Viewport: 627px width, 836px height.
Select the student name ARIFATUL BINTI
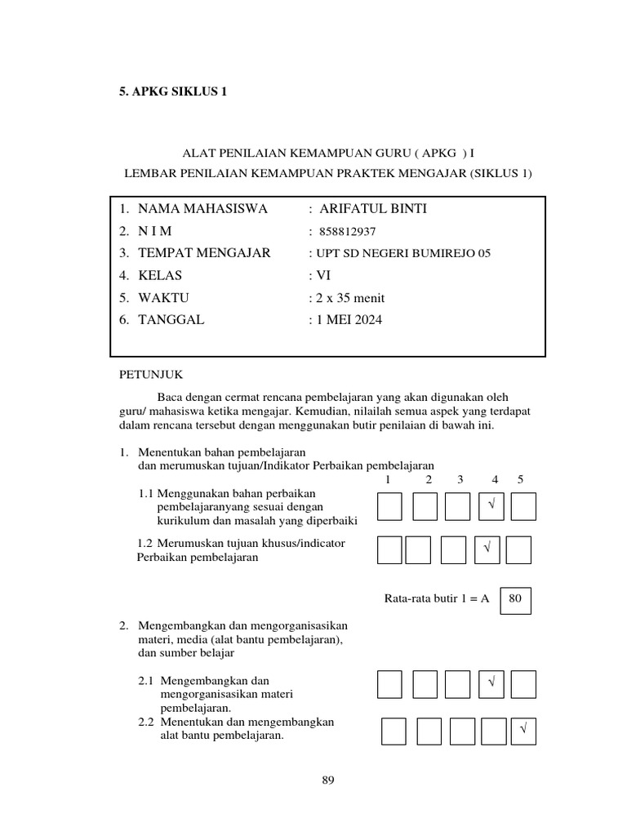point(373,209)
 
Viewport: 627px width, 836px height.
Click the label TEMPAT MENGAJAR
point(204,253)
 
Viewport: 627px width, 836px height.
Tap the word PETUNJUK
point(152,375)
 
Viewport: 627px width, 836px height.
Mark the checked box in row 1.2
point(487,549)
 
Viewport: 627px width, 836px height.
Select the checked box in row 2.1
point(492,684)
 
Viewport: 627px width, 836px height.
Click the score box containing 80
point(514,598)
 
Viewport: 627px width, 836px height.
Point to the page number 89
point(329,780)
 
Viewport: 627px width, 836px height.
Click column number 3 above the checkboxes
point(460,479)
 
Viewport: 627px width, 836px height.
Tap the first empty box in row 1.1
point(389,506)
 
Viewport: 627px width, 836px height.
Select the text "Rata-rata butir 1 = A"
point(436,598)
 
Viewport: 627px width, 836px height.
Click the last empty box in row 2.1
point(523,684)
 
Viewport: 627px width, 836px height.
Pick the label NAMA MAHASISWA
point(202,209)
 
